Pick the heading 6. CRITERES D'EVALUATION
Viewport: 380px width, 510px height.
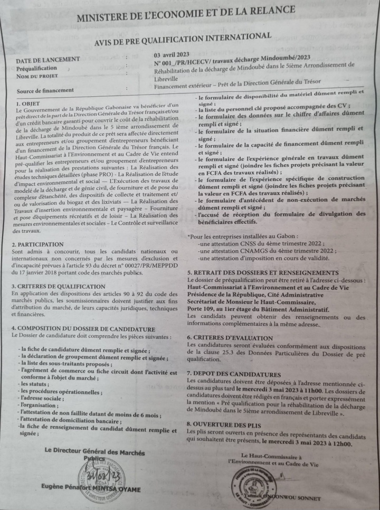[231, 337]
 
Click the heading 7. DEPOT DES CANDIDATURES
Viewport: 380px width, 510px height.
[234, 374]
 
